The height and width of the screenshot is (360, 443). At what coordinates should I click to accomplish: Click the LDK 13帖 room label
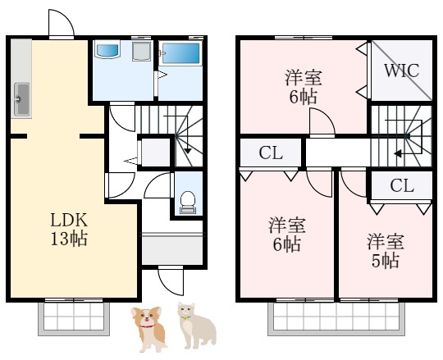click(69, 230)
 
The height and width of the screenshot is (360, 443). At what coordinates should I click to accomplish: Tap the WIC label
click(402, 70)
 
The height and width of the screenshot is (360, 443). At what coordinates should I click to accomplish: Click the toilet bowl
click(187, 198)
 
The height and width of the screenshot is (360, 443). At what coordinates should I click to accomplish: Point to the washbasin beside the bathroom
click(108, 51)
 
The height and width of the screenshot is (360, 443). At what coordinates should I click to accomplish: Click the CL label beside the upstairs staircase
click(271, 153)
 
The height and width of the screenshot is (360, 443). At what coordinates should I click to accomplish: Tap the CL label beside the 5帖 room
click(402, 185)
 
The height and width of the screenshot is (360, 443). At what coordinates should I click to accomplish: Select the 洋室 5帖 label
click(385, 251)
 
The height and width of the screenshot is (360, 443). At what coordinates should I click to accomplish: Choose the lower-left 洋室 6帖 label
click(286, 235)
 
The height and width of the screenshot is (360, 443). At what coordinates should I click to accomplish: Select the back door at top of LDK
click(61, 25)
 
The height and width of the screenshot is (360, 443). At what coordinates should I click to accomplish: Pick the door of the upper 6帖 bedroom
click(321, 125)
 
